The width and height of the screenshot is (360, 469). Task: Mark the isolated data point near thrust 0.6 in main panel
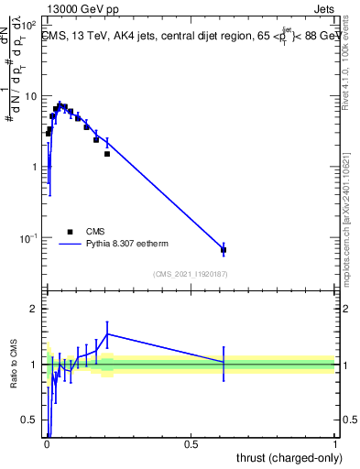(x=224, y=249)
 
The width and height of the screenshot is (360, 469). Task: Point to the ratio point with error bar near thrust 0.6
(x=224, y=363)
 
